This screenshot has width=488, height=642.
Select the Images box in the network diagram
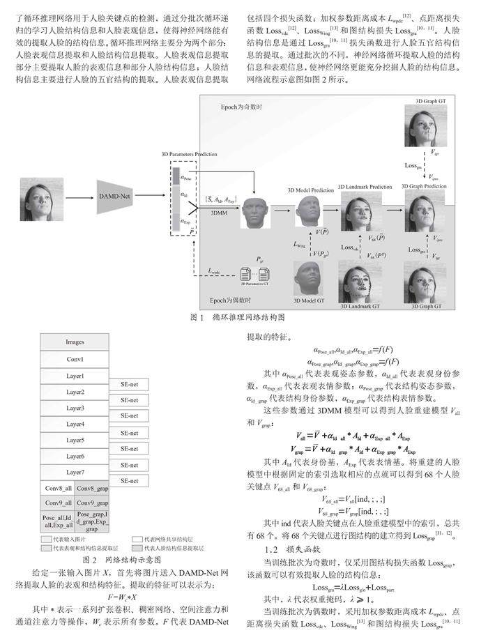(x=75, y=343)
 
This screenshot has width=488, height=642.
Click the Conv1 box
(x=75, y=359)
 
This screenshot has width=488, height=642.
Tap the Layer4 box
(x=75, y=424)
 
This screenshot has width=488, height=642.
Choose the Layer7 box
(x=75, y=473)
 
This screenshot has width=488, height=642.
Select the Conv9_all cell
(x=58, y=503)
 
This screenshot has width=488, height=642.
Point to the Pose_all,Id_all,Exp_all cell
(x=58, y=522)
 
